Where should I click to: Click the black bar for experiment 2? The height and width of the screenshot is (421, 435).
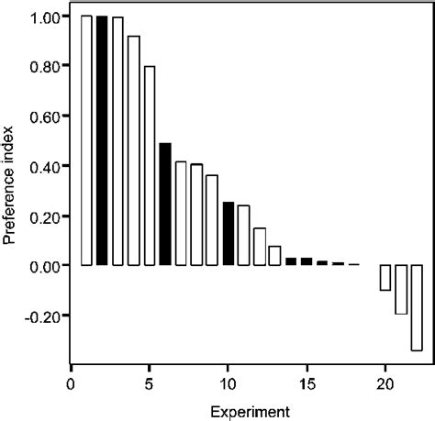click(102, 140)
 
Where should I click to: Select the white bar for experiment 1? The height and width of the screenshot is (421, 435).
click(86, 140)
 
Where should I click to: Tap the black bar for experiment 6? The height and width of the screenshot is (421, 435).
click(165, 204)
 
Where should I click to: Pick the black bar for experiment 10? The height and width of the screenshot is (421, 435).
click(229, 234)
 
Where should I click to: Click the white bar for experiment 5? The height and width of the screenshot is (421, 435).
click(150, 166)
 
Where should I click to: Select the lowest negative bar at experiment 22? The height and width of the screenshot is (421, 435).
click(417, 308)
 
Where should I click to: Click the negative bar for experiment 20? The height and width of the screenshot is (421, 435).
click(385, 278)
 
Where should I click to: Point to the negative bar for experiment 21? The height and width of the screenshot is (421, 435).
click(401, 290)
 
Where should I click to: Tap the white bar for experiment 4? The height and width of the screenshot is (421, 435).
click(134, 150)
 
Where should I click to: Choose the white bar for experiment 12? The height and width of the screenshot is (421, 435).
click(260, 247)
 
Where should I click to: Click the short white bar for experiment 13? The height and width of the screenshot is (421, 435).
click(275, 256)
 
